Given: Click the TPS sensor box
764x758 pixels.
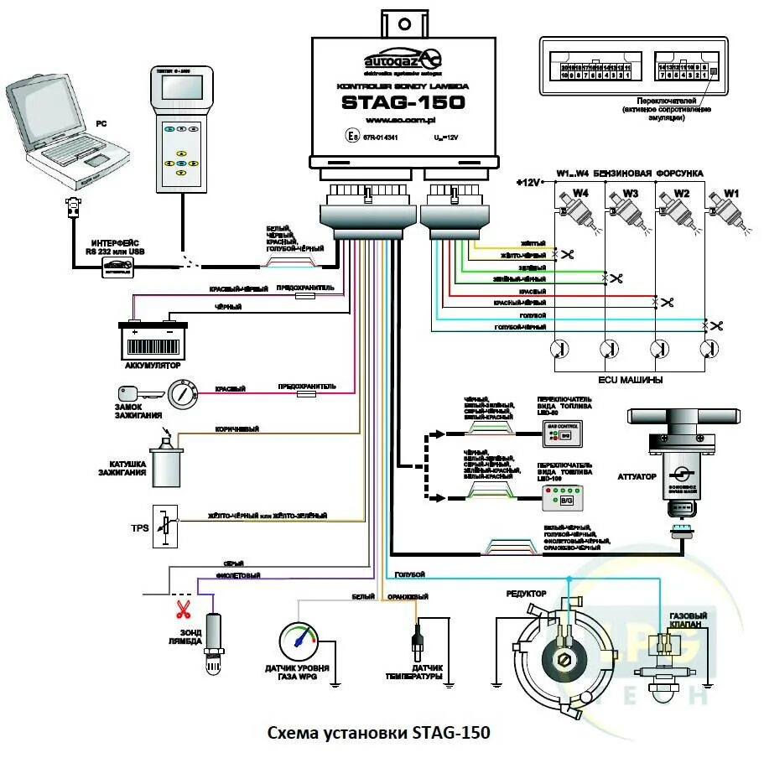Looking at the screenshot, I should [165, 527].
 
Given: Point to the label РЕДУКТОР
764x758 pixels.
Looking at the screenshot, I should [526, 594].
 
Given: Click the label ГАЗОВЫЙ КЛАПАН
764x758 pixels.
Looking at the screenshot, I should [688, 621].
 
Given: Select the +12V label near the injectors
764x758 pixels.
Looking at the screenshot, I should [530, 182].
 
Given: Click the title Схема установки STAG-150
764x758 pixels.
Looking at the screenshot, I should [378, 733].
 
